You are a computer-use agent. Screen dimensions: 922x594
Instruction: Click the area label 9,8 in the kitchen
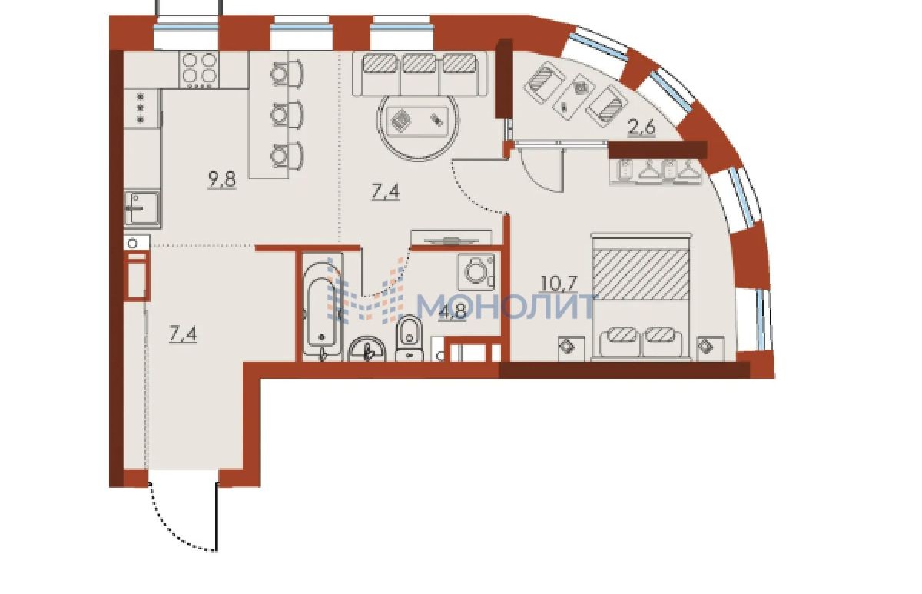coord(222,181)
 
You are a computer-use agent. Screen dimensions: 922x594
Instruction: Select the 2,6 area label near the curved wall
coord(641,128)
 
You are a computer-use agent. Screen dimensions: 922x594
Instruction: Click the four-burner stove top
coord(199,71)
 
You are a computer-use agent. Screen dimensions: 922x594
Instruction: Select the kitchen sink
coord(142,208)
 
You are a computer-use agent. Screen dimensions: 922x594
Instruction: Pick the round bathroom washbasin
coord(366,350)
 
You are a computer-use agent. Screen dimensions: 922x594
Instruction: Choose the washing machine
coord(476,271)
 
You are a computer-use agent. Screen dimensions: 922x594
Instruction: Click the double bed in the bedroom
coord(642,297)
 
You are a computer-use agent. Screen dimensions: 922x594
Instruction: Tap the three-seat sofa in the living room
coord(420,73)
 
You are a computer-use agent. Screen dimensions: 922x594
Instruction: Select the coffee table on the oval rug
coord(418,121)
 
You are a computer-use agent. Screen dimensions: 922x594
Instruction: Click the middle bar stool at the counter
coord(287,114)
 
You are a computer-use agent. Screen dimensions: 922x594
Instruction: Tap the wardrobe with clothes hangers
coord(657,170)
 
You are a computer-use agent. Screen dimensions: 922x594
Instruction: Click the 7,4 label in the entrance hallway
coord(183,333)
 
